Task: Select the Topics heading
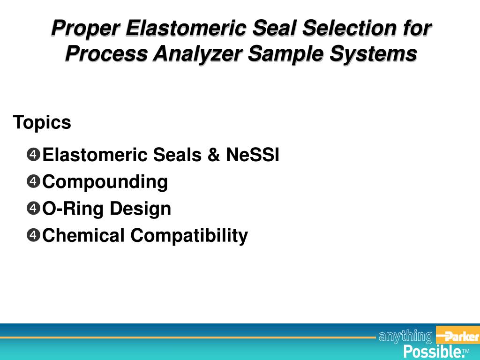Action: [42, 123]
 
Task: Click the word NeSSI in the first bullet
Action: [253, 155]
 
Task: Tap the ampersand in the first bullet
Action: [214, 155]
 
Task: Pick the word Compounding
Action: [105, 182]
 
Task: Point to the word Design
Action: [141, 209]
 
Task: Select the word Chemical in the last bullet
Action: [84, 235]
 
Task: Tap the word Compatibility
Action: [189, 235]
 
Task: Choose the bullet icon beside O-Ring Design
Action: [34, 208]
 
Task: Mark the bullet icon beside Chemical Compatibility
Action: [34, 235]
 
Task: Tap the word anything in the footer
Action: [406, 336]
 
